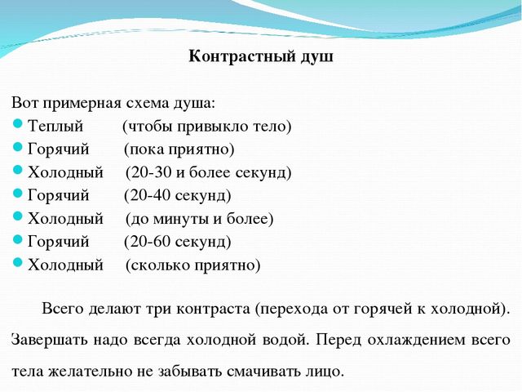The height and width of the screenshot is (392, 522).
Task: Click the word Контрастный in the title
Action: (242, 56)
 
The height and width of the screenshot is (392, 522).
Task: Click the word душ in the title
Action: (317, 57)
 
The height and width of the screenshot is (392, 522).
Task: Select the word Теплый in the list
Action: (55, 127)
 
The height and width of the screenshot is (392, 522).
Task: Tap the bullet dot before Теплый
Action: (18, 124)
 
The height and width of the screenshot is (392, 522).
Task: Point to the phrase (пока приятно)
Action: (179, 149)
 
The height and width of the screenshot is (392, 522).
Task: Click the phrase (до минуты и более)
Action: (199, 219)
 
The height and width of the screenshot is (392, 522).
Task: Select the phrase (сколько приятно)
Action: (193, 265)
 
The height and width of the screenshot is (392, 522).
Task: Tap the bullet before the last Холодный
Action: (18, 263)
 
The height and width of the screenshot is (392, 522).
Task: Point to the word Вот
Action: (25, 103)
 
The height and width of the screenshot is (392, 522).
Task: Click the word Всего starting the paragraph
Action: (63, 309)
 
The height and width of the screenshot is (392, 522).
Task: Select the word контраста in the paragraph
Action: (213, 310)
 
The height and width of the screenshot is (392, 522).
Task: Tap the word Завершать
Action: (50, 341)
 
